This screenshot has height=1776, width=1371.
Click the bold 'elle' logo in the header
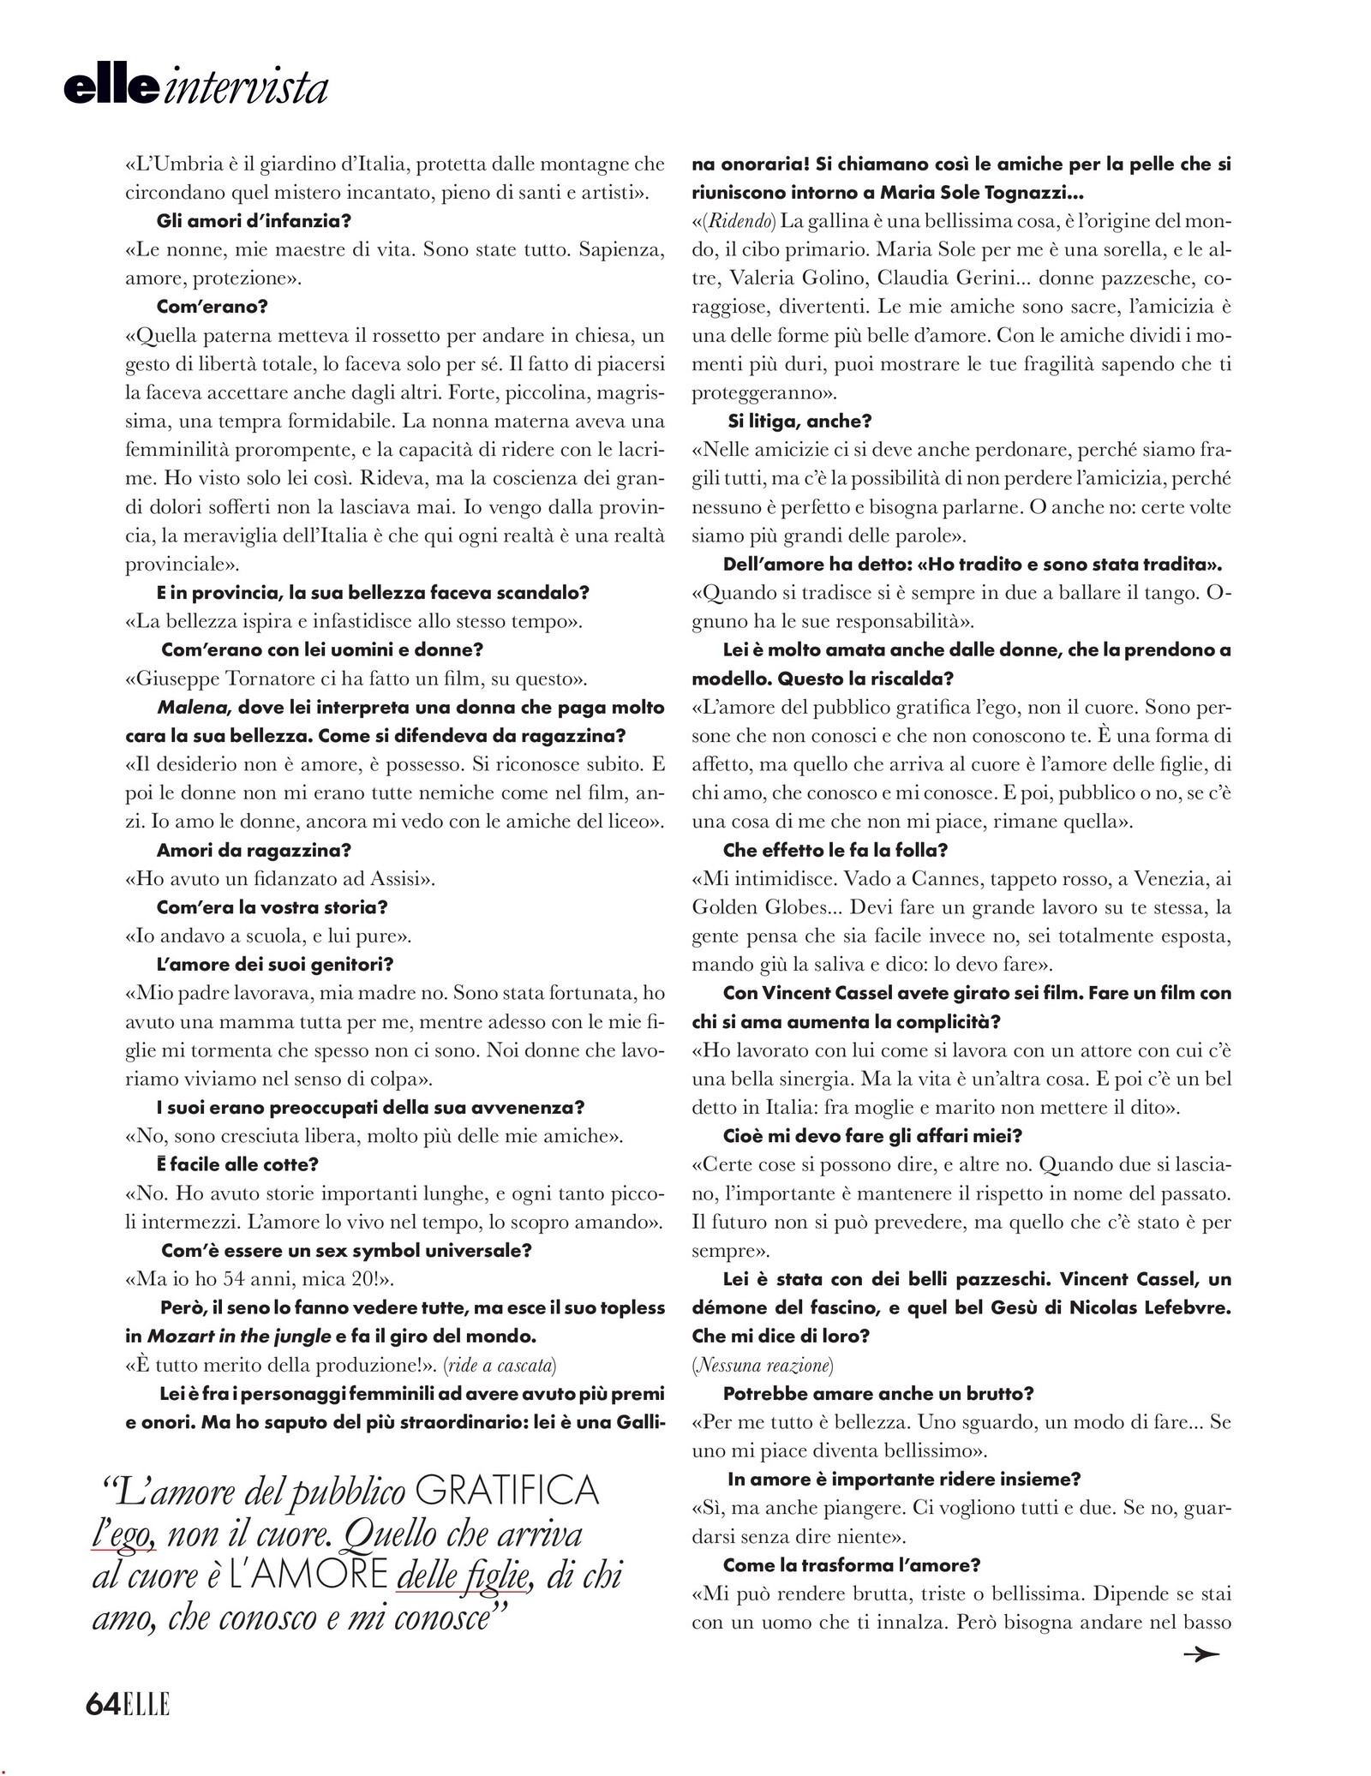tap(111, 88)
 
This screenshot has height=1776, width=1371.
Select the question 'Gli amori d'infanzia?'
tap(254, 220)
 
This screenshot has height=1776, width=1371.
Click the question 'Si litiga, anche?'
tap(799, 421)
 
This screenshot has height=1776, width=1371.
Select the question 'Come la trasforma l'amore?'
tap(852, 1564)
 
